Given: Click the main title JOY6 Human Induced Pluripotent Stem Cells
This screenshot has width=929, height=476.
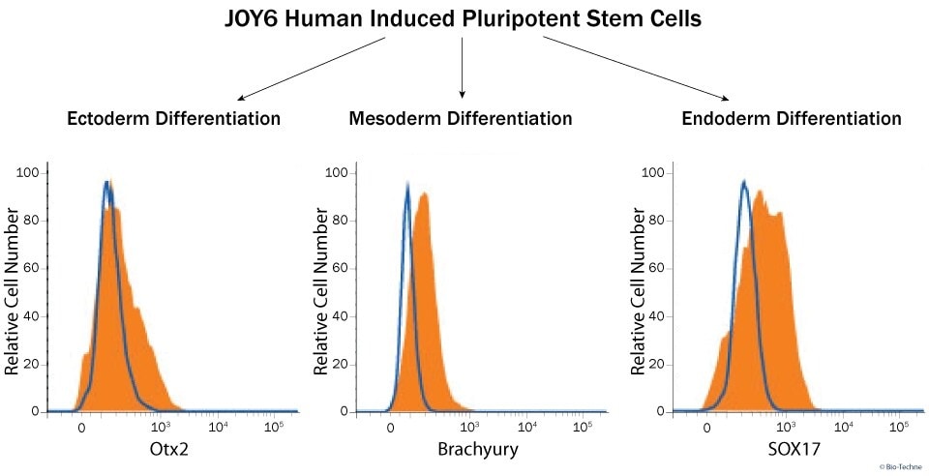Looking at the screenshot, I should pyautogui.click(x=464, y=18).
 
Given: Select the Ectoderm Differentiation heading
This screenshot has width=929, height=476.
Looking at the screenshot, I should pyautogui.click(x=173, y=119).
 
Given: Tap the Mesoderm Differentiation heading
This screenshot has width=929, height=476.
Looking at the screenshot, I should pyautogui.click(x=461, y=119).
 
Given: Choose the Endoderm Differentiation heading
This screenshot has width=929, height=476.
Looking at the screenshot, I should pyautogui.click(x=792, y=119).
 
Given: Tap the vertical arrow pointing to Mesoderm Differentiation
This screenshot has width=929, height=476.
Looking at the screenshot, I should pyautogui.click(x=463, y=68).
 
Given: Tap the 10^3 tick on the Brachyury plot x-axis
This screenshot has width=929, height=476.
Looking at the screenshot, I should pyautogui.click(x=471, y=427).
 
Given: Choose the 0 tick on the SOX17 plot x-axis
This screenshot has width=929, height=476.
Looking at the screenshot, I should pyautogui.click(x=707, y=427).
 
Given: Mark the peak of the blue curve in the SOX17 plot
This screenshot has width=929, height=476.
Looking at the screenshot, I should pyautogui.click(x=743, y=181).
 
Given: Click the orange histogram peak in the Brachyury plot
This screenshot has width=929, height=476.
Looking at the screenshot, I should pyautogui.click(x=424, y=193).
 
